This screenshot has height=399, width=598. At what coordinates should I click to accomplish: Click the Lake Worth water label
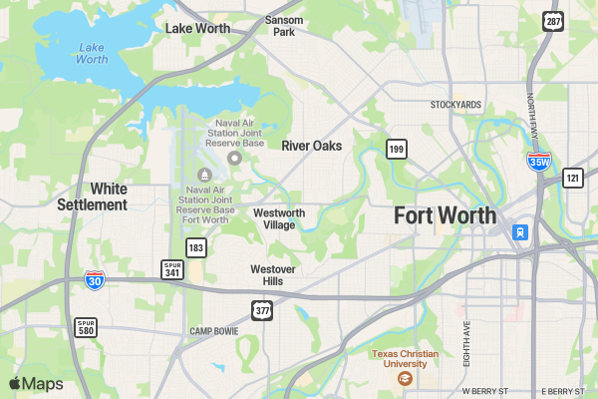click(92, 53)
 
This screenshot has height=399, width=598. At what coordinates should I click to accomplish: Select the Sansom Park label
click(284, 26)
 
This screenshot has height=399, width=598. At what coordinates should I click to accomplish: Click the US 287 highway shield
click(552, 20)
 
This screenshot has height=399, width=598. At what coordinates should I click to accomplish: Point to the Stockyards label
click(455, 105)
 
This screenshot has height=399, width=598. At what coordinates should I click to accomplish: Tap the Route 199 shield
click(397, 150)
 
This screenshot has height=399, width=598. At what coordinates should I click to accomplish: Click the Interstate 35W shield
click(539, 162)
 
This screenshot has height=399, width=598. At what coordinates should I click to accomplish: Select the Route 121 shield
click(572, 178)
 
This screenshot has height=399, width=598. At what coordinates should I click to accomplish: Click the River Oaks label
click(311, 146)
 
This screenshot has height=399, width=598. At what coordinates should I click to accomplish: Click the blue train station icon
click(519, 232)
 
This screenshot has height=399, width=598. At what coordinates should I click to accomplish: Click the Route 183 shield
click(195, 247)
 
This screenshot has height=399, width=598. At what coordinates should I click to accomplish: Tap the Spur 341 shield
click(172, 268)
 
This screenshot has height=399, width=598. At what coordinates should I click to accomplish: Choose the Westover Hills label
click(266, 275)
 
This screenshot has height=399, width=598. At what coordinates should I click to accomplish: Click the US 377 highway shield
click(263, 311)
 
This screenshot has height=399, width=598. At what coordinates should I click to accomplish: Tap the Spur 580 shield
click(86, 326)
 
